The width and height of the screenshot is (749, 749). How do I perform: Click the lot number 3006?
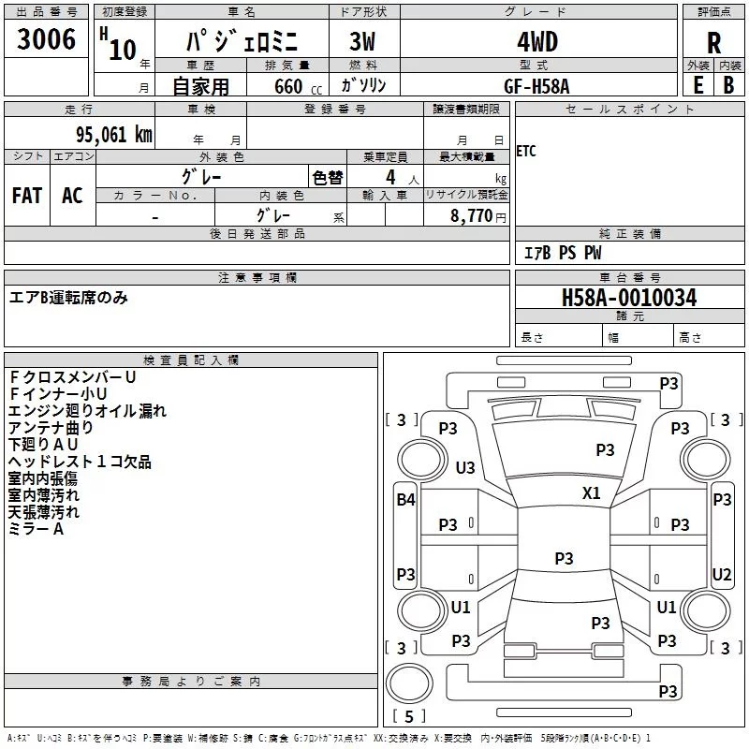pyautogui.click(x=47, y=40)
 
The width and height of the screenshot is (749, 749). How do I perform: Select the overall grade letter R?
pyautogui.click(x=713, y=42)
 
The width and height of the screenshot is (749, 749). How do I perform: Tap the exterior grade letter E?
pyautogui.click(x=698, y=84)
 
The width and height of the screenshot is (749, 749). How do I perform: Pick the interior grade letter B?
pyautogui.click(x=728, y=84)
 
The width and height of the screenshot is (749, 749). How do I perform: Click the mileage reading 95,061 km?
pyautogui.click(x=107, y=134)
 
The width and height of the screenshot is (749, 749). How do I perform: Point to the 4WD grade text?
pyautogui.click(x=537, y=42)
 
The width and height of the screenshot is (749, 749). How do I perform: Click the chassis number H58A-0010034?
pyautogui.click(x=629, y=299)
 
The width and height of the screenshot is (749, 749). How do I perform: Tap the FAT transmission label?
pyautogui.click(x=27, y=195)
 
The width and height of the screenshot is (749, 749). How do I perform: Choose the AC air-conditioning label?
pyautogui.click(x=72, y=195)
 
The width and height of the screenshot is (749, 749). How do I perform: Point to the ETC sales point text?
pyautogui.click(x=526, y=152)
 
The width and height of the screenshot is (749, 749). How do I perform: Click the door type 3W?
pyautogui.click(x=362, y=42)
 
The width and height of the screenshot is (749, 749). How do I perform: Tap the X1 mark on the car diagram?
pyautogui.click(x=591, y=493)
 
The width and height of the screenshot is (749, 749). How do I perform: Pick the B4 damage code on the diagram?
pyautogui.click(x=404, y=500)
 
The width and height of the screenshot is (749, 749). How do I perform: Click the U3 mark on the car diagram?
pyautogui.click(x=464, y=467)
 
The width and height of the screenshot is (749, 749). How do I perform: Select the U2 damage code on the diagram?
pyautogui.click(x=722, y=575)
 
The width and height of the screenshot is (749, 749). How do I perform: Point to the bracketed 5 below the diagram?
pyautogui.click(x=408, y=717)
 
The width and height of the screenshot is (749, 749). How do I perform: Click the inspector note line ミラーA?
pyautogui.click(x=36, y=529)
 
